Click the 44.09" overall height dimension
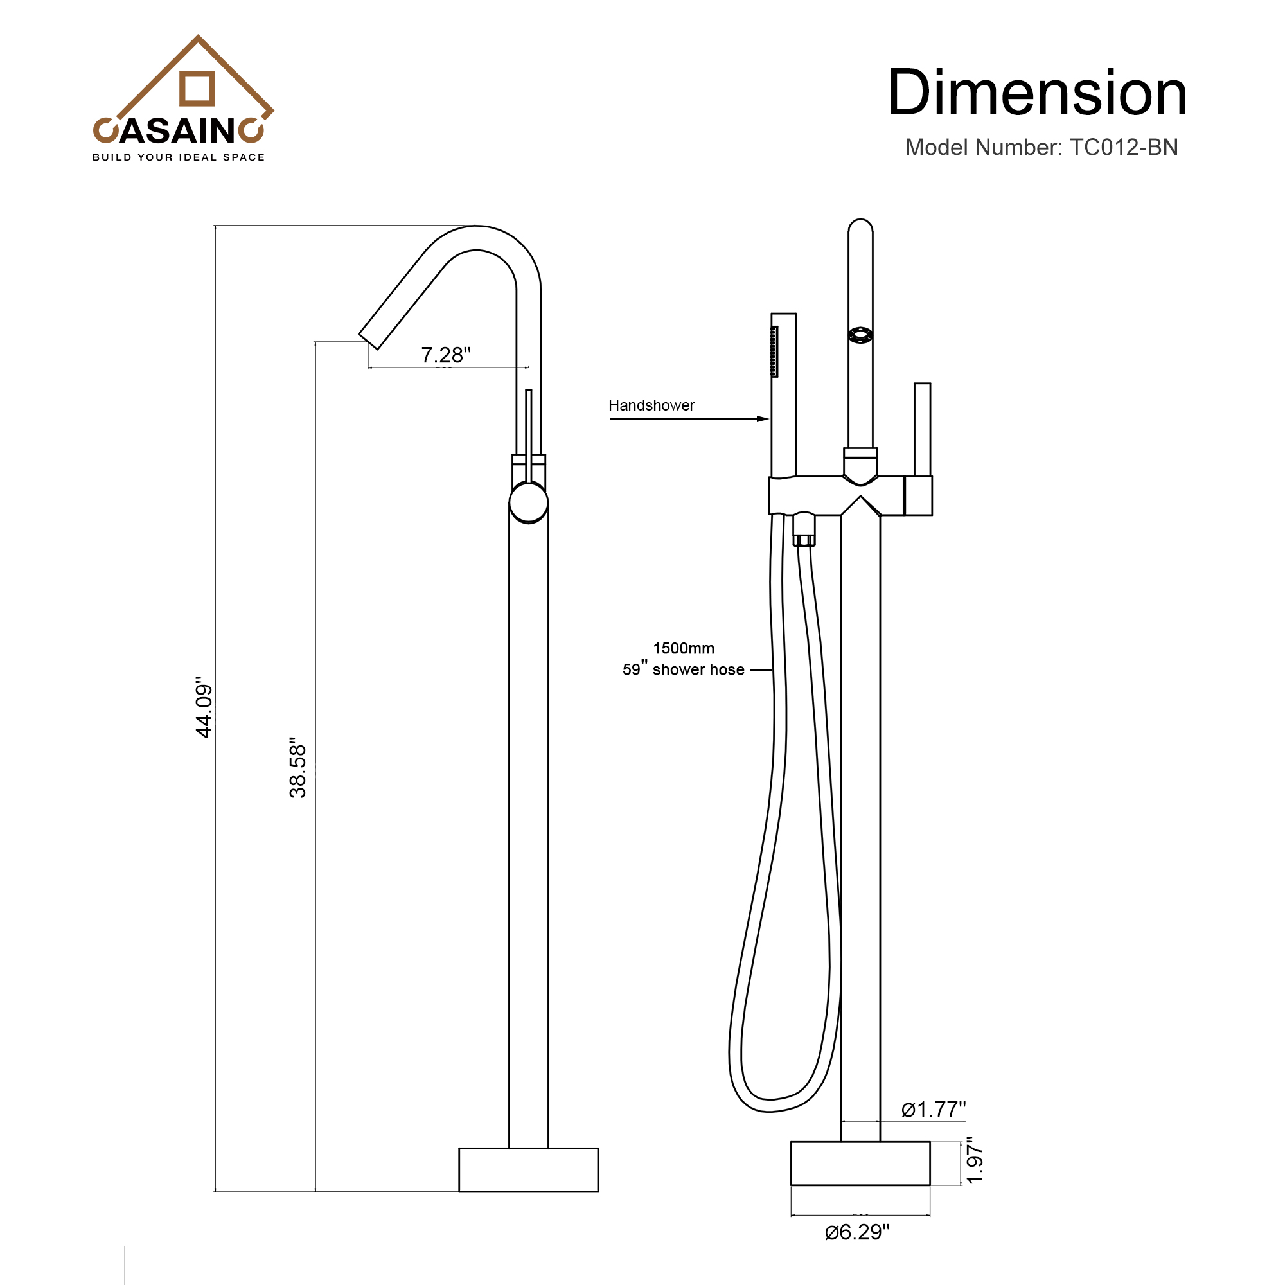[204, 707]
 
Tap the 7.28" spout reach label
[446, 355]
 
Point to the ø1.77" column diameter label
[933, 1110]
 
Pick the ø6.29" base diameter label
[856, 1232]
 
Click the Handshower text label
[651, 405]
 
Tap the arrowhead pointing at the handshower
[763, 419]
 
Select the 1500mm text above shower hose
[683, 648]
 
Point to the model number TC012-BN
[1123, 147]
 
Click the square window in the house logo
[197, 89]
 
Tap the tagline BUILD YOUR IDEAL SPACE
[178, 157]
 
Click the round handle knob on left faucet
[529, 503]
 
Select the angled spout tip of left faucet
[370, 339]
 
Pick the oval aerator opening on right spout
[860, 335]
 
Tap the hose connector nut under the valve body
[804, 540]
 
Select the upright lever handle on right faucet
[922, 429]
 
